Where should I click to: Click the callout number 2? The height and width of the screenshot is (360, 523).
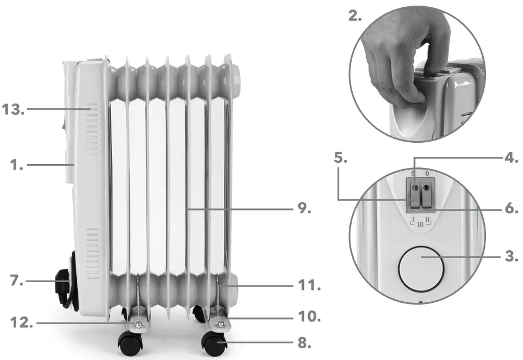click(355, 16)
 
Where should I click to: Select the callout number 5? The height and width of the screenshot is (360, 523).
click(341, 158)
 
